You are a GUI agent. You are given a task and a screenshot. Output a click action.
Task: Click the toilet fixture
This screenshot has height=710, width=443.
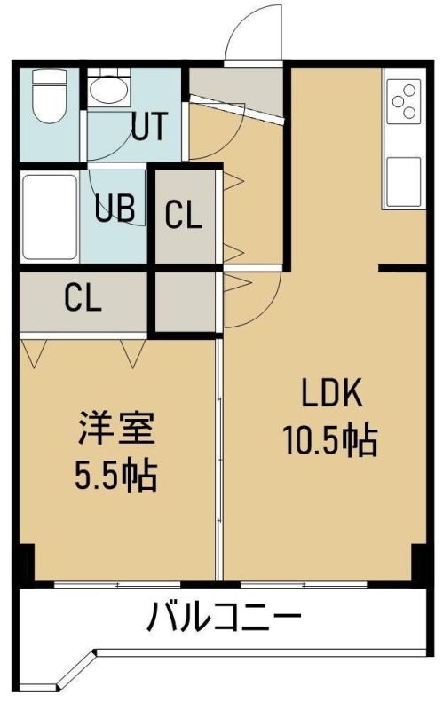coord(50,96)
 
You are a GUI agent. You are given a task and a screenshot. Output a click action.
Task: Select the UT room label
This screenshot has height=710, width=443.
coord(150,125)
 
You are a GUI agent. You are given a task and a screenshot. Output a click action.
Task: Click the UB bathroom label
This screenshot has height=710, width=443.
coord(115,208)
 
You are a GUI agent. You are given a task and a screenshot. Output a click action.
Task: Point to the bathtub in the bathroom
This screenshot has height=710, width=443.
coord(50,217)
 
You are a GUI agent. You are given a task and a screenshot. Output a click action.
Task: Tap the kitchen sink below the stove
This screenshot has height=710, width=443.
coord(404,181)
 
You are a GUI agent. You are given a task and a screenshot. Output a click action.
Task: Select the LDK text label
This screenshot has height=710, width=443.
coord(332,393)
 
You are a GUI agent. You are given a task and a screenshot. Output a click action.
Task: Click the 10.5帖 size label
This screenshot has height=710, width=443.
coord(330,439)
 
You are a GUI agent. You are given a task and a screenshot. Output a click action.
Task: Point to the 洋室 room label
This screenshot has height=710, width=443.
coord(117,428)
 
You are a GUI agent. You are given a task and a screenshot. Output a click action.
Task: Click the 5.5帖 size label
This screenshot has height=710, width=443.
coord(116,476)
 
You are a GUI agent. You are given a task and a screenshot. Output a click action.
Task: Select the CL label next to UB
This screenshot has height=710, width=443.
coord(183,215)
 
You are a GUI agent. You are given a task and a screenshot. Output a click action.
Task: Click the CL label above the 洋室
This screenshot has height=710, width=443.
coord(83,298)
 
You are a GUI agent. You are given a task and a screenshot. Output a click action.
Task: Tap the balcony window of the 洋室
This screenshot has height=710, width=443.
coord(117,585)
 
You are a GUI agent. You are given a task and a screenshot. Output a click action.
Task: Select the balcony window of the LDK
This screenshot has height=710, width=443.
coord(304,585)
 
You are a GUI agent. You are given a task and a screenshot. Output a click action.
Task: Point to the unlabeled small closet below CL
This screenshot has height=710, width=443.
coord(185,302)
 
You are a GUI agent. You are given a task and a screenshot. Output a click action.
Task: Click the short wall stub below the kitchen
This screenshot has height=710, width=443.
coord(402,269)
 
